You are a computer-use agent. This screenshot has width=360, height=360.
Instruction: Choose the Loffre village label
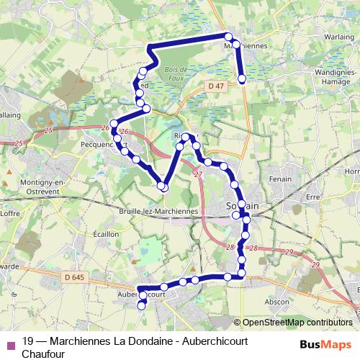click(x=9, y=214)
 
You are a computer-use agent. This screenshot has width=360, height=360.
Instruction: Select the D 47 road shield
click(x=212, y=86)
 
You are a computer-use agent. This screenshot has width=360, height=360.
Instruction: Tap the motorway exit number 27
click(x=198, y=174)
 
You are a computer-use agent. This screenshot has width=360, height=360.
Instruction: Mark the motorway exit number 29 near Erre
click(x=287, y=251)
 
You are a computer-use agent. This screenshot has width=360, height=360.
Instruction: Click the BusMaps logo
click(x=326, y=344)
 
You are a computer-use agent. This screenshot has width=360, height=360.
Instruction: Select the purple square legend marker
click(x=10, y=343)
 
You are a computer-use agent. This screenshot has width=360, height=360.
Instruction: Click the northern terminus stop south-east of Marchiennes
click(x=242, y=78)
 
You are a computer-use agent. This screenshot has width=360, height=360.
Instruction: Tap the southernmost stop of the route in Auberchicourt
click(x=141, y=305)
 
